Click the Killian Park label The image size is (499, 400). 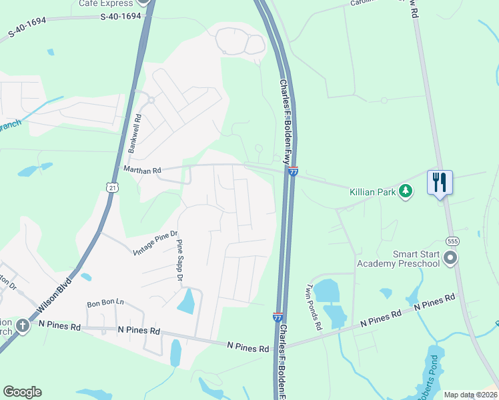372,191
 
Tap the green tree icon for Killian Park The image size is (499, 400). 405,191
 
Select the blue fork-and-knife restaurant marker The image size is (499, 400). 440,182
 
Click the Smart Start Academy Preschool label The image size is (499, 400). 398,258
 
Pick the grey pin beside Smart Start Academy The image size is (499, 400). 451,258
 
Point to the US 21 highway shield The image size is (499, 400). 111,189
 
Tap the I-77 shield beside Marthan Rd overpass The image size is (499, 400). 293,171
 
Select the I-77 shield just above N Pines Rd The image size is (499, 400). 278,317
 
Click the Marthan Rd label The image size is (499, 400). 143,171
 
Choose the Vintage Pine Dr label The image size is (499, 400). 156,242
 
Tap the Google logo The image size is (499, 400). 22,392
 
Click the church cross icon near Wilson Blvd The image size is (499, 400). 23,325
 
